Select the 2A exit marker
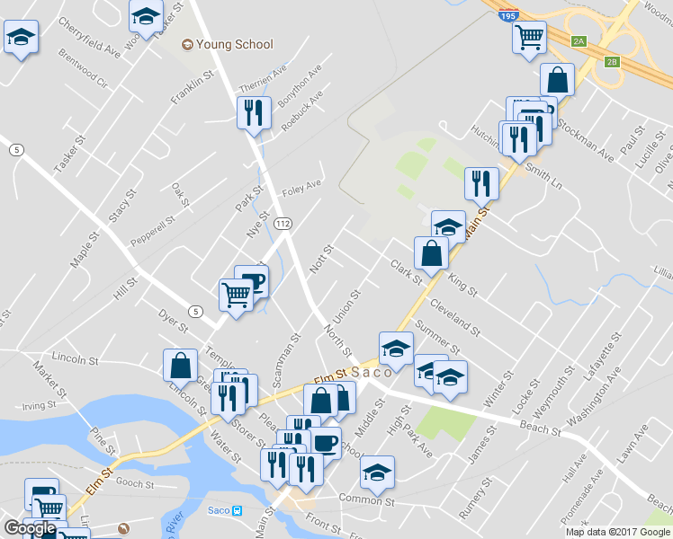pyautogui.click(x=579, y=40)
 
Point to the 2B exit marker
pyautogui.click(x=612, y=62)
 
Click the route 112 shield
pyautogui.click(x=283, y=222)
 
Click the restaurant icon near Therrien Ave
pyautogui.click(x=253, y=112)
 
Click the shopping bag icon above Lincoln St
pyautogui.click(x=180, y=365)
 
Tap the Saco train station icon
pyautogui.click(x=237, y=511)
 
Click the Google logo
pyautogui.click(x=30, y=528)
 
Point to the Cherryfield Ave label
pyautogui.click(x=88, y=32)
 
